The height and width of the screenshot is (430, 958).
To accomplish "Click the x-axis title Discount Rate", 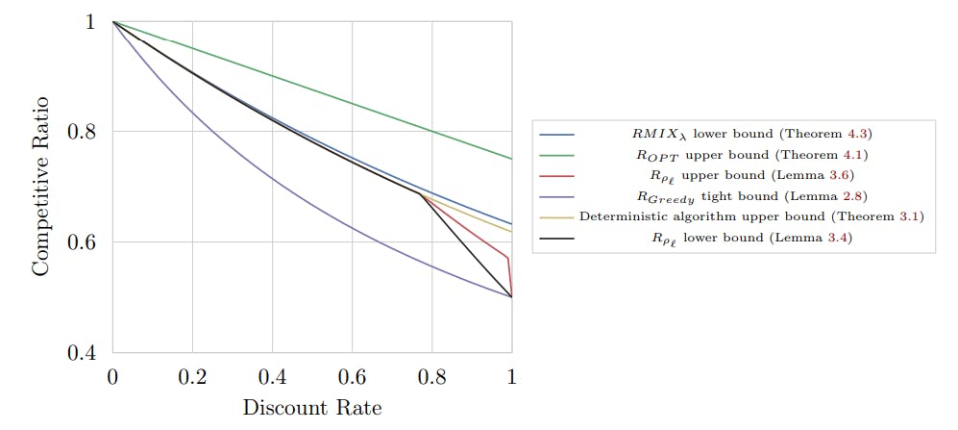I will [x=311, y=408].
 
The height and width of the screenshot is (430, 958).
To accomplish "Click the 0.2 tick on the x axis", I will [x=192, y=377].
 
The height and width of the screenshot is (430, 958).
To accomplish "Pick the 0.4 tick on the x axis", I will [x=272, y=377].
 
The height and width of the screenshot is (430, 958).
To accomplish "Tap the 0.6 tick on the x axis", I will [x=352, y=377].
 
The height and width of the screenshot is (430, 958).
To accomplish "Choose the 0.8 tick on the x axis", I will [x=431, y=377].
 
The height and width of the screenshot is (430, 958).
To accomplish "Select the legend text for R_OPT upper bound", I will [x=750, y=155].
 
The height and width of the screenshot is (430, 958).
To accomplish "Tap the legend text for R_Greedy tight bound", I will [x=750, y=195].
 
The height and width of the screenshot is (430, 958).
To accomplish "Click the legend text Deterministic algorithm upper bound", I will [x=750, y=216].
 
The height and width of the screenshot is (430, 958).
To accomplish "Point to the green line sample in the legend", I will [x=558, y=155].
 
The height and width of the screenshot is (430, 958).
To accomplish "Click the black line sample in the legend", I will [x=558, y=237].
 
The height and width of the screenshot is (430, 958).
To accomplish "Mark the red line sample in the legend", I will [x=558, y=175].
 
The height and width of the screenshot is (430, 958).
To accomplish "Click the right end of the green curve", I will [x=511, y=159].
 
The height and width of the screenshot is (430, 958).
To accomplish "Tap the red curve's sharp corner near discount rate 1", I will [x=508, y=258].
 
